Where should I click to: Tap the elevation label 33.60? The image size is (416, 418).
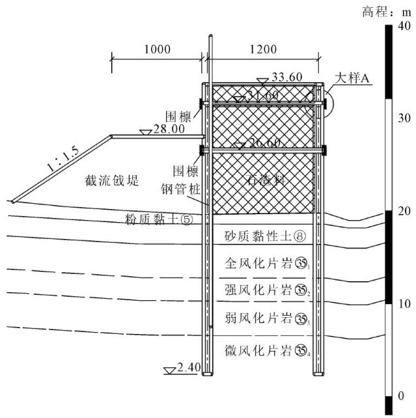click(287, 77)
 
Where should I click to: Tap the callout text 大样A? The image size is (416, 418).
click(352, 78)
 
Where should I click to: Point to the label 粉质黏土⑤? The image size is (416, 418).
click(160, 219)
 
